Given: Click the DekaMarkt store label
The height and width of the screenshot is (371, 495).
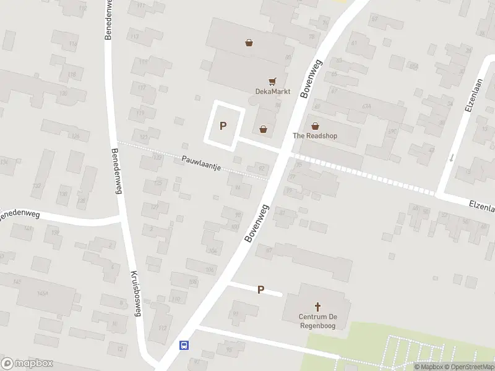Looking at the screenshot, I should click(272, 92).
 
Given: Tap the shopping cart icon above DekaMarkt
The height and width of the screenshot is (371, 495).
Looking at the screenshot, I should click(272, 81).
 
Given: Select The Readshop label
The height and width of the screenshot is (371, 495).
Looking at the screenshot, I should click(315, 136).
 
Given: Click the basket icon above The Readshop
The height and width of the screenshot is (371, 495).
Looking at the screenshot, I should click(315, 126).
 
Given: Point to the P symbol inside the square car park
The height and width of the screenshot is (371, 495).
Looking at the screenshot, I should click(223, 126).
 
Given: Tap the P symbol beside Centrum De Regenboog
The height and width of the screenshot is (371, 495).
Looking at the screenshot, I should click(260, 289).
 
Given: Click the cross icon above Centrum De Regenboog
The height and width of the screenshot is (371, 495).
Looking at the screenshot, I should click(318, 307).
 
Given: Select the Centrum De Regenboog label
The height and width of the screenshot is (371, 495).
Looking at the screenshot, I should click(318, 321).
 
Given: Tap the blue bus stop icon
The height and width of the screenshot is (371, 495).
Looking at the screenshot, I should click(184, 345).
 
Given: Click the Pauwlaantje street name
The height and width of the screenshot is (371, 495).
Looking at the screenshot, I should click(202, 163).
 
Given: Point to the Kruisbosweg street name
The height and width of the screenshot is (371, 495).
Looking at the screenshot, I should click(136, 293).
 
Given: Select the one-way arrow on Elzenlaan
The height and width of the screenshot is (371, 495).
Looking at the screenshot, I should click(452, 157).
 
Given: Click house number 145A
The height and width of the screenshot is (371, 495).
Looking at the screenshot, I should click(43, 292).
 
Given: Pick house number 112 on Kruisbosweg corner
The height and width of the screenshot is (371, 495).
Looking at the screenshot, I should click(163, 328).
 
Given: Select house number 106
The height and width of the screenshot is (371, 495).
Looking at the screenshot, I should click(210, 270).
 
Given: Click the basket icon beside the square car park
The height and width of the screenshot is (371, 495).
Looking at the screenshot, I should click(264, 129).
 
